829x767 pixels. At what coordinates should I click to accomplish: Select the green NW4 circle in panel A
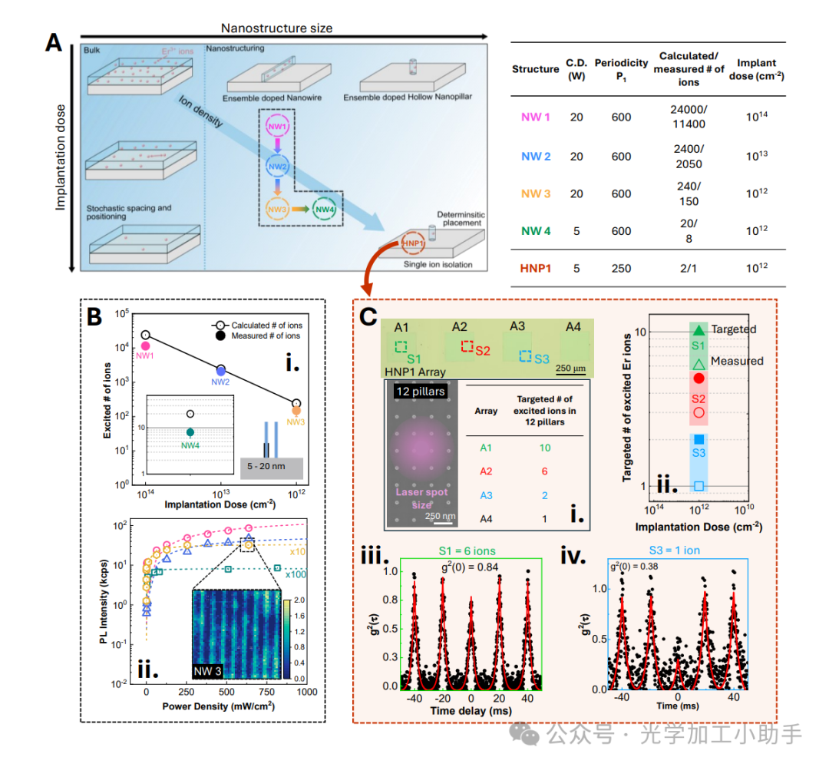click(x=325, y=209)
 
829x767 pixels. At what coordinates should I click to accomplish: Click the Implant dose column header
click(x=756, y=68)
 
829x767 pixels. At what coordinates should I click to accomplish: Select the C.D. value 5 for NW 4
click(x=576, y=230)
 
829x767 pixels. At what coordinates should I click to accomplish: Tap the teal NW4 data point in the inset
click(x=190, y=432)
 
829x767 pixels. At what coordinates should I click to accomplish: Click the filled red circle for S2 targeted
click(x=699, y=378)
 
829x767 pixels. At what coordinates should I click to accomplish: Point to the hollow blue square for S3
click(x=699, y=485)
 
